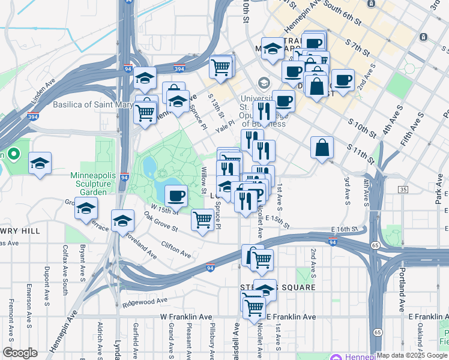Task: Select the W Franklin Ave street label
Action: tap(186, 316)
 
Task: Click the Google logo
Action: tap(20, 353)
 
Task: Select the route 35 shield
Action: tap(403, 190)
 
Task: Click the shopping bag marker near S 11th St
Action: tap(322, 147)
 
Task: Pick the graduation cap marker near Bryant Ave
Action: tap(86, 208)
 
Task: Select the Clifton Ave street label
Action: tap(176, 250)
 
